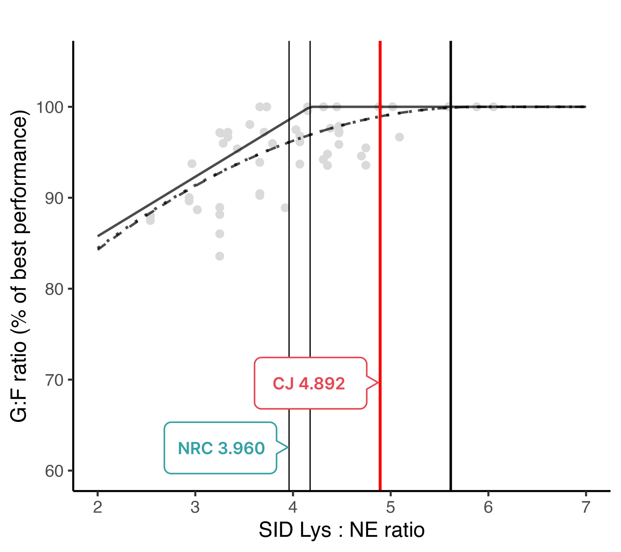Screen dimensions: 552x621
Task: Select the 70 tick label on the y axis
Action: click(x=54, y=380)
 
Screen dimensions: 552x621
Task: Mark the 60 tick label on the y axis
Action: click(x=54, y=471)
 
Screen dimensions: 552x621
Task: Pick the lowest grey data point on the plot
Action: click(x=220, y=256)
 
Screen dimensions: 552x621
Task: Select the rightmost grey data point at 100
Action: click(x=493, y=107)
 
